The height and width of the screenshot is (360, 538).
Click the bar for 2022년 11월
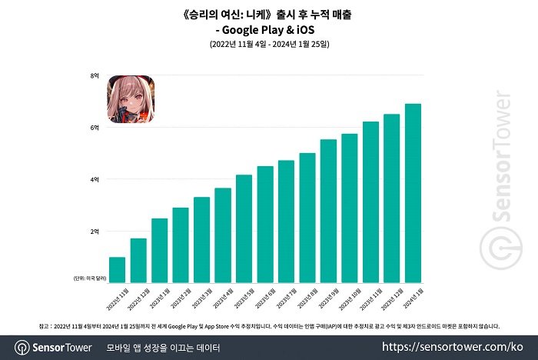tap(117, 269)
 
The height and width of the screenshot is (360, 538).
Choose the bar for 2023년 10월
tap(350, 208)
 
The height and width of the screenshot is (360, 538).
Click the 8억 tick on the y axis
tap(95, 75)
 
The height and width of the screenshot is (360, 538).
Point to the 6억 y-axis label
tap(95, 128)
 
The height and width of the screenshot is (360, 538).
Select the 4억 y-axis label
tap(95, 179)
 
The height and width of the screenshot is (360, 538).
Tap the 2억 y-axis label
tap(95, 232)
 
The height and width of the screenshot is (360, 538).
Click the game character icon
tap(130, 98)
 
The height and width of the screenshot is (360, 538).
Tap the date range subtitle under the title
tap(268, 45)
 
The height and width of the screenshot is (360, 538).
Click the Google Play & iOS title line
tap(268, 29)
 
